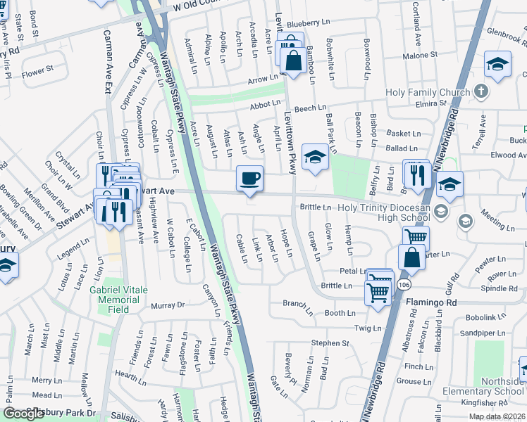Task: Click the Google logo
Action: click(x=24, y=414)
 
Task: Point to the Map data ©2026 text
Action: click(x=497, y=416)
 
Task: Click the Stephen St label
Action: click(x=330, y=343)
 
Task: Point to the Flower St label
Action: click(x=37, y=70)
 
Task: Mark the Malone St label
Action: click(x=420, y=56)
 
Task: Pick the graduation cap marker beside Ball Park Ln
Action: click(x=315, y=158)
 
